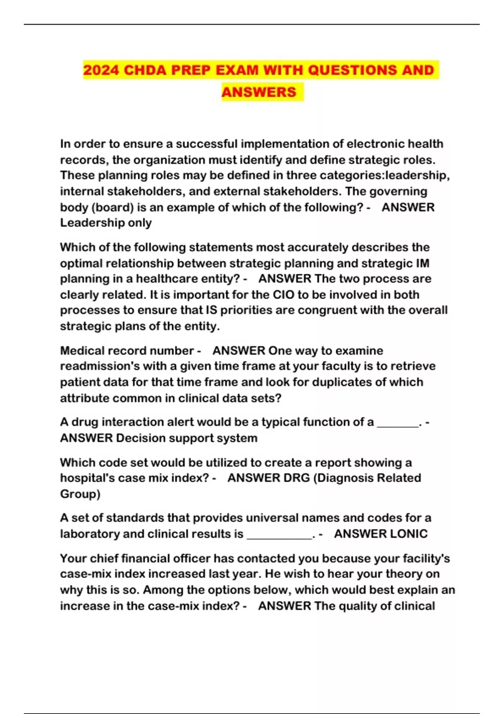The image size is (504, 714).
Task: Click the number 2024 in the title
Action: coord(101,70)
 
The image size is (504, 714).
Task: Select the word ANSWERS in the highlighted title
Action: coord(259,92)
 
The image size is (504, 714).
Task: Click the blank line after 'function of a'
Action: coord(398,423)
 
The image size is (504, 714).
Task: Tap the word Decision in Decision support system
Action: coord(138,438)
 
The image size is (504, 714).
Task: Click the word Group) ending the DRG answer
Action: coord(80,494)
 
